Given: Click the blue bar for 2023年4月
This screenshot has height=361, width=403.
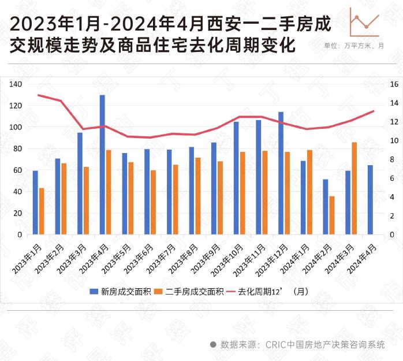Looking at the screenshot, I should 102,165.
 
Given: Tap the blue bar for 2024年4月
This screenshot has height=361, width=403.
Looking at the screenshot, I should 370,200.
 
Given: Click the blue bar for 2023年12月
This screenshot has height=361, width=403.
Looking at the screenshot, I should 281,173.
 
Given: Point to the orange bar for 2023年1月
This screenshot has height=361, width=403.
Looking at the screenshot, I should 42,211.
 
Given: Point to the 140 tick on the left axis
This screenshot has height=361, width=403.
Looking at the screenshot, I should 16,84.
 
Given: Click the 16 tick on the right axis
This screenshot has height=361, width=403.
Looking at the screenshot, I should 394,84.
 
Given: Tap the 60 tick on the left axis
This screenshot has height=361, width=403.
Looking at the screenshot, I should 17,170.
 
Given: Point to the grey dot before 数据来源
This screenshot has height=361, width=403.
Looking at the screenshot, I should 213,344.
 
